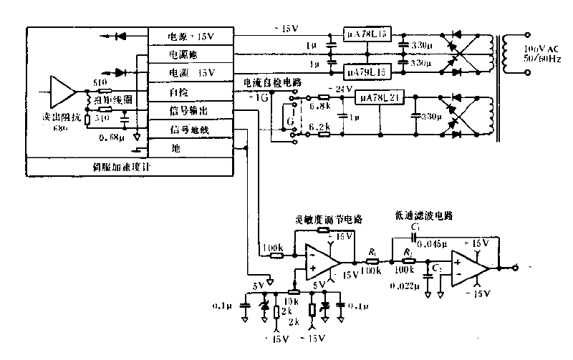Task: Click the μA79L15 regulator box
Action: click(366, 72)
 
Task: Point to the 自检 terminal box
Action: click(178, 92)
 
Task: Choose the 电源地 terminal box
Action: click(183, 54)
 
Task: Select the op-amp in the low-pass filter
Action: click(470, 269)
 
